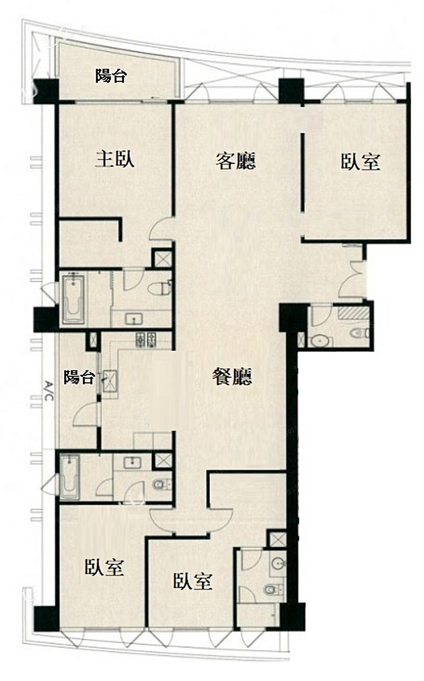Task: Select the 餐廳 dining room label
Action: point(232,377)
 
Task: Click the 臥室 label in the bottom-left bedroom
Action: point(104,567)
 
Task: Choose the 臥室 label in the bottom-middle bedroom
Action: point(193,581)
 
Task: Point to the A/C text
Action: point(49,390)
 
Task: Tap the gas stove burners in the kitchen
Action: point(146,339)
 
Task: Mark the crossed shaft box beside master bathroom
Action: point(163,259)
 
